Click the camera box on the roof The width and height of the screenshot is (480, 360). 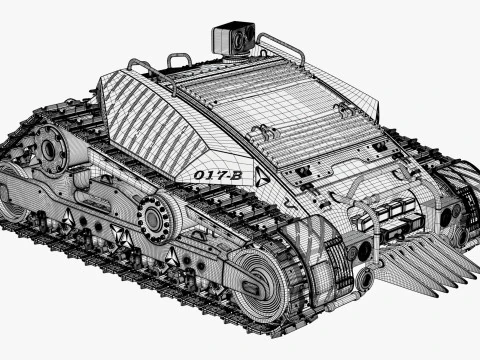tap(233, 38)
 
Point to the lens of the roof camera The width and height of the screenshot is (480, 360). tap(240, 39)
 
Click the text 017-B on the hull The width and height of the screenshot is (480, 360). tap(218, 175)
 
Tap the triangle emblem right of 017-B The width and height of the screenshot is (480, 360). tap(262, 177)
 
